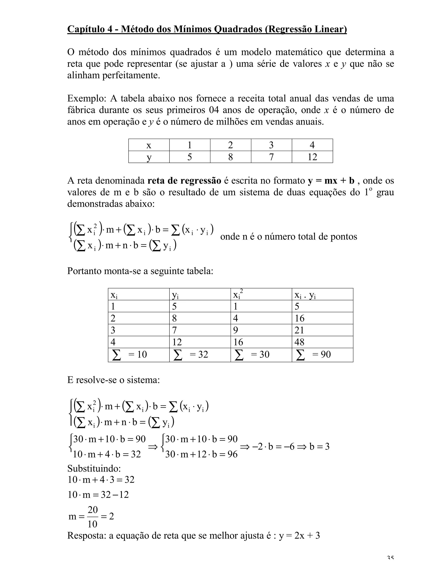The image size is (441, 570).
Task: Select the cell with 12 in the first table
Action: coord(312,157)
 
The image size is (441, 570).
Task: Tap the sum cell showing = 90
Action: coord(314,354)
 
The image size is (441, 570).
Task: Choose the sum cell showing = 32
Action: coord(191,354)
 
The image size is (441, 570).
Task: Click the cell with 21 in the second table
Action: coord(299,330)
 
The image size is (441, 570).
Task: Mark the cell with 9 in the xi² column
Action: coord(236,330)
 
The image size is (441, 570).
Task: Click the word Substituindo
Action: coord(94,468)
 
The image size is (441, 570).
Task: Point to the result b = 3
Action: coord(319,447)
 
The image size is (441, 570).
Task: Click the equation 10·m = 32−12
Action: coord(98,495)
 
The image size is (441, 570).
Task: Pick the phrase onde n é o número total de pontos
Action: coord(289,237)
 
